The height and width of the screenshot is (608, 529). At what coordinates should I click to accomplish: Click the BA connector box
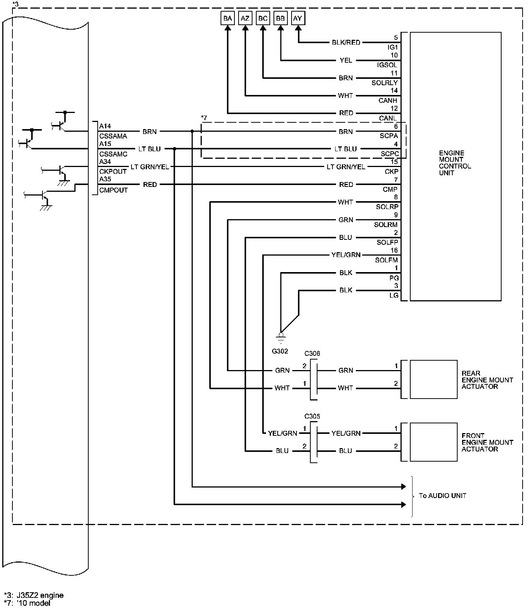pos(228,18)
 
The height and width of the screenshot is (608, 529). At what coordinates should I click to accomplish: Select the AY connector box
pos(298,18)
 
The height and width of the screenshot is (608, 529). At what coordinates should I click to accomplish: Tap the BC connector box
pos(263,18)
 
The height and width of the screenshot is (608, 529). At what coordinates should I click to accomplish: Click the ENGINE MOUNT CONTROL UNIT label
pos(455,163)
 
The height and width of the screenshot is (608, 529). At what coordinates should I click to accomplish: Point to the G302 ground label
pos(280,351)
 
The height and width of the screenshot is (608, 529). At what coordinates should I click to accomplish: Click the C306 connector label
pos(312,354)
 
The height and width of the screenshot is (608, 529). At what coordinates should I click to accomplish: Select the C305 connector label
pos(312,416)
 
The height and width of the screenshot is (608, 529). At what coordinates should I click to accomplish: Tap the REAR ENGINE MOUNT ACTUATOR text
pos(487,380)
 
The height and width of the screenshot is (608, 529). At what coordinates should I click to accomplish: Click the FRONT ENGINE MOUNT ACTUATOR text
pos(487,442)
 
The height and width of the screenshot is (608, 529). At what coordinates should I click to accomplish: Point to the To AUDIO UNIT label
pos(442,496)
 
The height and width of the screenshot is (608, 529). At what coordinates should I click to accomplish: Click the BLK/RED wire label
pos(346,43)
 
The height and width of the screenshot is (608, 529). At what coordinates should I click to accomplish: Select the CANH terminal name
pos(388,101)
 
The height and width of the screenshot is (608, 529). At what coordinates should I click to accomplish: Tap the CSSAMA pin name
pos(113,136)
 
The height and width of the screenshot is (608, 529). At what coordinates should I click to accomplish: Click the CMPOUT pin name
pos(113,190)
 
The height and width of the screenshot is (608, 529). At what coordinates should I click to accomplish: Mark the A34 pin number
pos(105,162)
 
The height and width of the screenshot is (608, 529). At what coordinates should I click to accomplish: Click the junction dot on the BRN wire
pos(192,131)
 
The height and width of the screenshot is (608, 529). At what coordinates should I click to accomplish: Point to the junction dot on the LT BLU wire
pos(175,149)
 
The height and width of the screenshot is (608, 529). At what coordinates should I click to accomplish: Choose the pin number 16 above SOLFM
pos(394,250)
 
